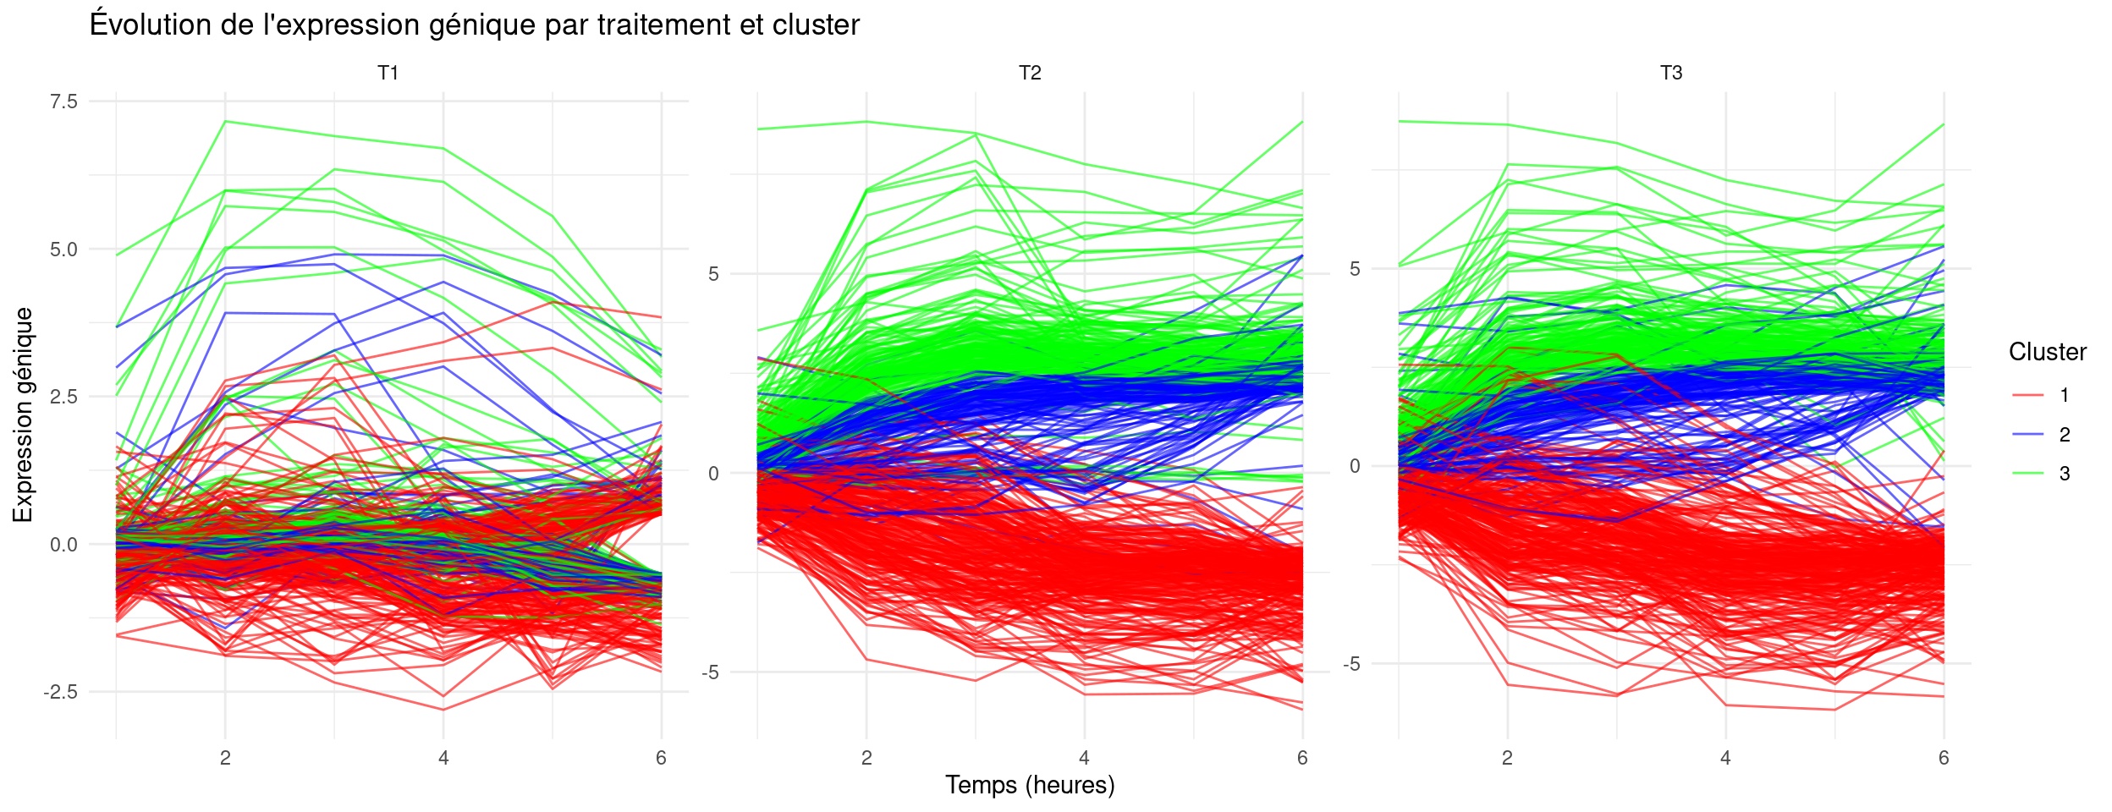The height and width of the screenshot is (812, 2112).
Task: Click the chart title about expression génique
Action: [x=474, y=25]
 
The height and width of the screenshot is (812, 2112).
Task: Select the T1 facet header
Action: [x=388, y=74]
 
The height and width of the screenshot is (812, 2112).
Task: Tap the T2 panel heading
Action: [x=1029, y=74]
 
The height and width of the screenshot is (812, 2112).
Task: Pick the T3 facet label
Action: [x=1670, y=74]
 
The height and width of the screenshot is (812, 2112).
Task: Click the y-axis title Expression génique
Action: [x=23, y=414]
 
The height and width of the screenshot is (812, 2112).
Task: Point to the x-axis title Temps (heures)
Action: [x=1029, y=785]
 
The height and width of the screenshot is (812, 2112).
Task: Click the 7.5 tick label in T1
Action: [x=63, y=102]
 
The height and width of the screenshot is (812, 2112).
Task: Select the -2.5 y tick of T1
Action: [x=60, y=693]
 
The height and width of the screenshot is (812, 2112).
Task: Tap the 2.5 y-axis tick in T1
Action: [x=63, y=397]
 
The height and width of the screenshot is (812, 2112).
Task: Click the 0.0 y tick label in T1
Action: [x=63, y=545]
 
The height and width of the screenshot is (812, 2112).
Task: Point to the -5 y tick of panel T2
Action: [x=709, y=673]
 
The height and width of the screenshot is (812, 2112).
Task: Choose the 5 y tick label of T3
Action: [x=1355, y=269]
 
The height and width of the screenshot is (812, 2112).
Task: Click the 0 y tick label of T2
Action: [x=713, y=474]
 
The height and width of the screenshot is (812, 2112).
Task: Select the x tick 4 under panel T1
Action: [x=443, y=758]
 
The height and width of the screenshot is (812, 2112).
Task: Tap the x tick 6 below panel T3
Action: [x=1944, y=758]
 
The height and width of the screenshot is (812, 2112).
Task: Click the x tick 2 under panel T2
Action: [x=866, y=758]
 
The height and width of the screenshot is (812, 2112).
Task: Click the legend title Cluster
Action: [x=2047, y=352]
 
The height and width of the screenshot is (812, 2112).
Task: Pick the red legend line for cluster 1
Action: [x=2027, y=395]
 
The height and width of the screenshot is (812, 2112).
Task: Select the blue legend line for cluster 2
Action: [x=2027, y=435]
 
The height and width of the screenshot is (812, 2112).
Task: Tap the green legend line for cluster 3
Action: [x=2027, y=474]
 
